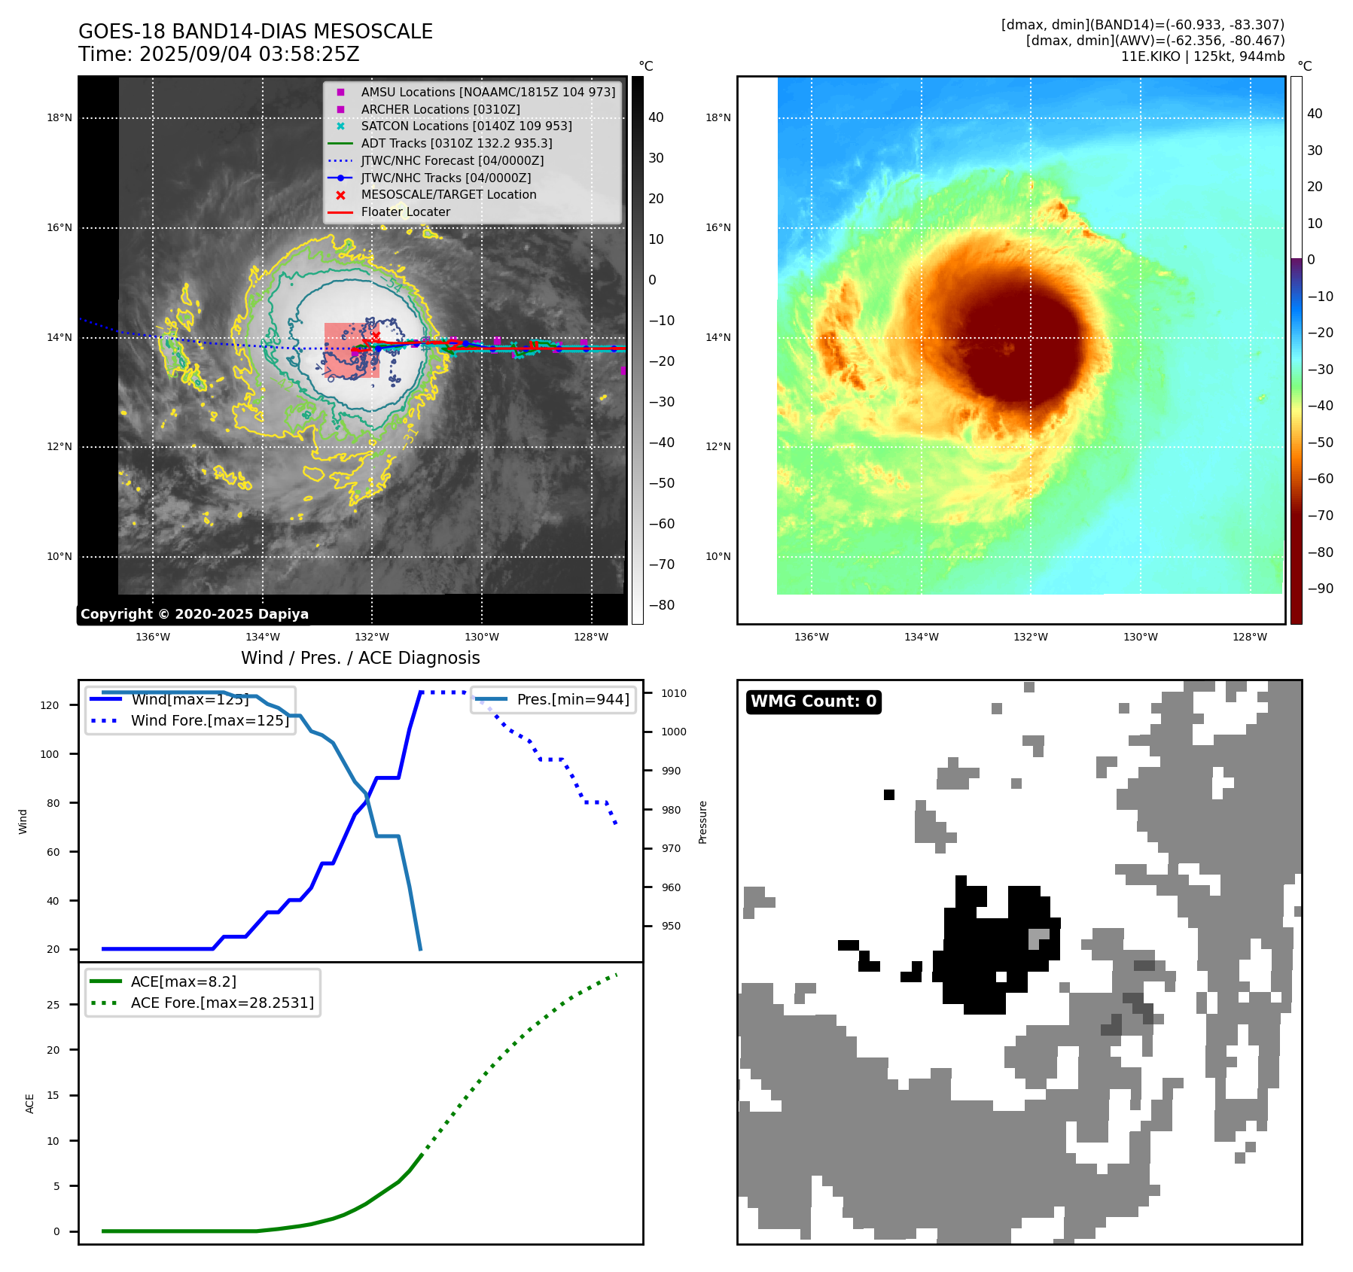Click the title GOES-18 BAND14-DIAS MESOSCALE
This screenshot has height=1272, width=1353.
(x=255, y=32)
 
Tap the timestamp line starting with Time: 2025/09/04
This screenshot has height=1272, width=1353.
(x=219, y=54)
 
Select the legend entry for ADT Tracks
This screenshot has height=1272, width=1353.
(x=456, y=143)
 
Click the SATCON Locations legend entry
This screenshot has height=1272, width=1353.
(x=466, y=126)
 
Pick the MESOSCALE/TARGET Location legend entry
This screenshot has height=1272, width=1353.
(x=448, y=194)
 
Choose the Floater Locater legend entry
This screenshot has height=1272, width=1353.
(x=405, y=211)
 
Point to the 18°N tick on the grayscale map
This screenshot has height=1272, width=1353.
(x=59, y=117)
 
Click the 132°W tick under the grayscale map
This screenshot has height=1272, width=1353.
(x=372, y=637)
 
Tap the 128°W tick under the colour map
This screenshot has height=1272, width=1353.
(x=1250, y=637)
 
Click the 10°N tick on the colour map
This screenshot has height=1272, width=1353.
(x=718, y=556)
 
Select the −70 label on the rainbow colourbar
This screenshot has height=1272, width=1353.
(x=1320, y=516)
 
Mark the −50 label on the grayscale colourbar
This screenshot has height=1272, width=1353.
(x=661, y=483)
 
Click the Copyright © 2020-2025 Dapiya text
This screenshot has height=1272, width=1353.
(x=194, y=614)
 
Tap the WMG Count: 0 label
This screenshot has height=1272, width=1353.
(x=813, y=701)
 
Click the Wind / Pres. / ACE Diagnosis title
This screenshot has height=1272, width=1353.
(x=360, y=658)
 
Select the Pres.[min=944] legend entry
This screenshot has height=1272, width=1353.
(x=572, y=699)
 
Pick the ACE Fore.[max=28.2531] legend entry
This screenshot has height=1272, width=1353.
(x=222, y=1003)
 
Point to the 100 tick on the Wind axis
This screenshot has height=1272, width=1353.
(x=50, y=754)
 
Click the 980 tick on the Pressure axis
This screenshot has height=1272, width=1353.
(x=671, y=810)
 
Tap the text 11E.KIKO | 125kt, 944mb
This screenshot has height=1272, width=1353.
(x=1202, y=56)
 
